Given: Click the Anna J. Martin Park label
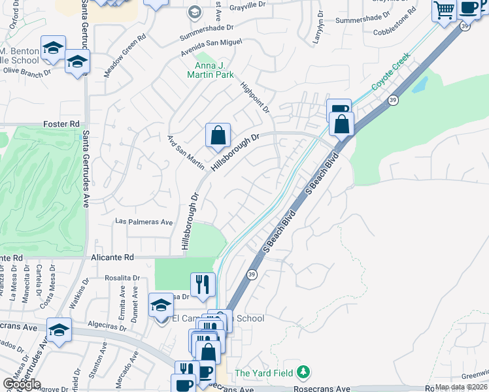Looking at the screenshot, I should coord(214,71).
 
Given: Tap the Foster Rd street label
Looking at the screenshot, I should coord(61,123).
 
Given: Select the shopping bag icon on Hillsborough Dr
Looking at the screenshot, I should coord(218,135).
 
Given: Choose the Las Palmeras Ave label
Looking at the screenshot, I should coord(143,221).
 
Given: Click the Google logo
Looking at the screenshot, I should coord(21,384).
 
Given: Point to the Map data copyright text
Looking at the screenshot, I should coord(461,387).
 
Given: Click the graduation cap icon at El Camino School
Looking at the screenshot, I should coord(161,305).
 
